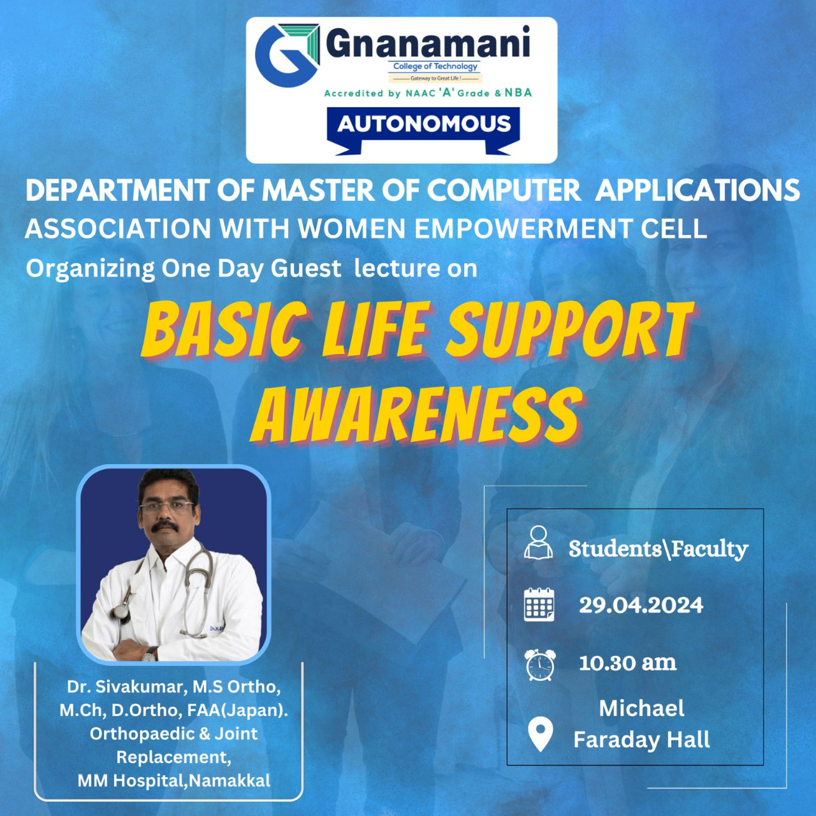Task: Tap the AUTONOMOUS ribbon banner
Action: coord(423,129)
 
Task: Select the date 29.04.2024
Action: coord(641,605)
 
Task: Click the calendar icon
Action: coord(539,605)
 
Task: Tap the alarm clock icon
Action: coord(540,665)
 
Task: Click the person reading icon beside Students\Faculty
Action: coord(538,543)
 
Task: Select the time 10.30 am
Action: coord(627,663)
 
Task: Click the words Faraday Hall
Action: coord(641,739)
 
